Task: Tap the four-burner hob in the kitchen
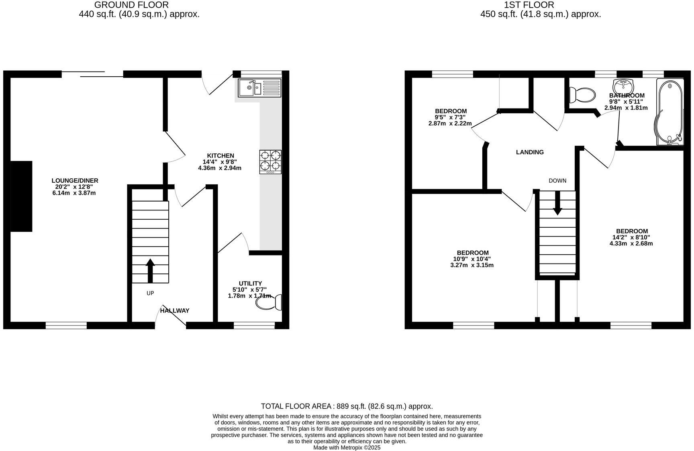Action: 270,161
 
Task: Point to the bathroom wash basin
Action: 623,86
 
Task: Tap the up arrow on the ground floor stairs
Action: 150,271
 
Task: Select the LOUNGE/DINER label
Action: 75,181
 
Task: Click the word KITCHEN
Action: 220,156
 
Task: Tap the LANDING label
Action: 530,152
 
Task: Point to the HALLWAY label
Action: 175,310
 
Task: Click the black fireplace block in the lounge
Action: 21,196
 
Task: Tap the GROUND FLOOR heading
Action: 131,5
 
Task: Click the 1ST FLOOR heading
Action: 529,5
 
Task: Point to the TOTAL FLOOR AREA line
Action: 347,406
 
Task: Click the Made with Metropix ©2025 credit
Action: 347,447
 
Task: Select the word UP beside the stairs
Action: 150,293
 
